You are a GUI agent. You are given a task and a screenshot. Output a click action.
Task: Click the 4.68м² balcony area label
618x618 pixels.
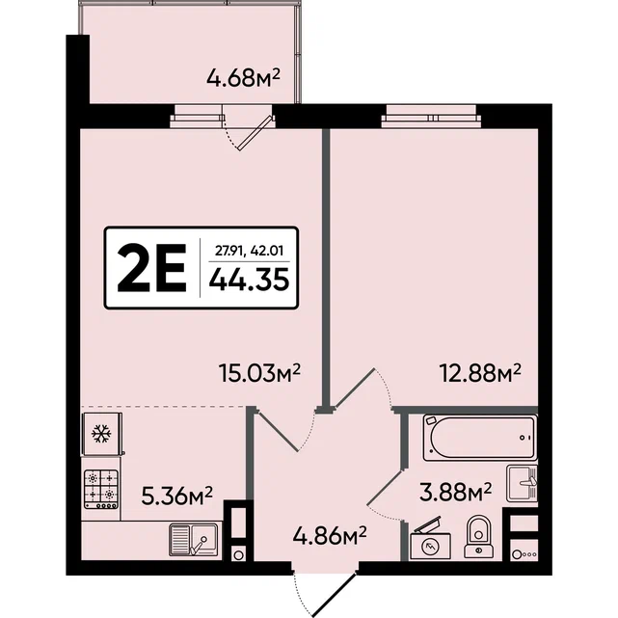click(243, 78)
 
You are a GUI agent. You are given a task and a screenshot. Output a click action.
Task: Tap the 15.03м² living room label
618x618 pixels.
click(259, 373)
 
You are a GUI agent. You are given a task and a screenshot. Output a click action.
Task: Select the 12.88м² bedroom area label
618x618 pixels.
click(480, 373)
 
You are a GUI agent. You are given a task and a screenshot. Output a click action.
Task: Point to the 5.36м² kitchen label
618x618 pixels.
click(177, 496)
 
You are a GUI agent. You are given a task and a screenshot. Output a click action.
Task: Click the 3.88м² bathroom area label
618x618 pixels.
click(456, 493)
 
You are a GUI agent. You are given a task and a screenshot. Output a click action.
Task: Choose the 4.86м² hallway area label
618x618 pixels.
click(330, 536)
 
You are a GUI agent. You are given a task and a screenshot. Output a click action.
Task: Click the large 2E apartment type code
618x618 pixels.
click(151, 268)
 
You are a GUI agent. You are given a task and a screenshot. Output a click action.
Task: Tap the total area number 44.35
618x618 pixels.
click(249, 279)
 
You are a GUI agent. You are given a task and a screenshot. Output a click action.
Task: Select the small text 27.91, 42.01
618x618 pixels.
click(249, 251)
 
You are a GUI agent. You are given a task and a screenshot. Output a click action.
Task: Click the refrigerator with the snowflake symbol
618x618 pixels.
click(101, 434)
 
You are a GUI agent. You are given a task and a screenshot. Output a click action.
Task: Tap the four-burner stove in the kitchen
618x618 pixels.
click(101, 490)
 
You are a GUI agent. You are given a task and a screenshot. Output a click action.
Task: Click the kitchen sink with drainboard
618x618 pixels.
click(194, 539)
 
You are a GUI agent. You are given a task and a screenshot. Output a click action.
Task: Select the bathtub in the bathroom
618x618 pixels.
click(480, 438)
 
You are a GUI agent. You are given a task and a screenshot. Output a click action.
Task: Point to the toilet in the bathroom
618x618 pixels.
click(479, 538)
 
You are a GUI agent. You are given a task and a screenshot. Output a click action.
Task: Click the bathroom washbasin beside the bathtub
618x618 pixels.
click(522, 483)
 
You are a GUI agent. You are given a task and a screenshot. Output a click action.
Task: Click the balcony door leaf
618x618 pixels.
click(256, 132)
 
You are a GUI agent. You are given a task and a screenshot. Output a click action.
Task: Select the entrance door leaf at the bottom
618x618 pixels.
click(335, 594)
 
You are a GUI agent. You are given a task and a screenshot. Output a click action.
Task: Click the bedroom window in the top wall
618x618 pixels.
click(432, 117)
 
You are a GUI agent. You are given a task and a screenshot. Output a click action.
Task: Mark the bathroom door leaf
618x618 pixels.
click(386, 486)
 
